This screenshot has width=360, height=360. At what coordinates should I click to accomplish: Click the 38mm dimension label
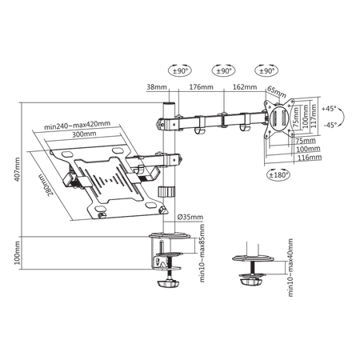pyautogui.click(x=157, y=87)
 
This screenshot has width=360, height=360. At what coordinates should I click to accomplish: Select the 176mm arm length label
pyautogui.click(x=201, y=87)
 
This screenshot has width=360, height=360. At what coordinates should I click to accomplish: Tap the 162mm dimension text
pyautogui.click(x=245, y=87)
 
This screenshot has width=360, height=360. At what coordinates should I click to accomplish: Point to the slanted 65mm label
pyautogui.click(x=277, y=92)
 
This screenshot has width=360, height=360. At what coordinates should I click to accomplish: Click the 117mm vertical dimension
pyautogui.click(x=314, y=116)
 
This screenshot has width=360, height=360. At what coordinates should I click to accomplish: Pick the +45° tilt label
pyautogui.click(x=329, y=109)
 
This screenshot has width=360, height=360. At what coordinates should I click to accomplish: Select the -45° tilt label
pyautogui.click(x=330, y=125)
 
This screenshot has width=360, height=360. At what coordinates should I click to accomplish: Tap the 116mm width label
pyautogui.click(x=310, y=158)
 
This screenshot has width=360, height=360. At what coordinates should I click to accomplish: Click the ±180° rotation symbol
pyautogui.click(x=278, y=175)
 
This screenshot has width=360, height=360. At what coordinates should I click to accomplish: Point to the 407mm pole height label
pyautogui.click(x=17, y=170)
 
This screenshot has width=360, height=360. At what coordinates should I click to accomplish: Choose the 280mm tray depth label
pyautogui.click(x=46, y=185)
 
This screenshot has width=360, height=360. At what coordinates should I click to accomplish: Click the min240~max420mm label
pyautogui.click(x=77, y=125)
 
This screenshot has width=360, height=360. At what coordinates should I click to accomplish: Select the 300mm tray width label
pyautogui.click(x=84, y=134)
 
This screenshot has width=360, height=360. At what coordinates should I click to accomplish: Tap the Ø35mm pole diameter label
pyautogui.click(x=190, y=217)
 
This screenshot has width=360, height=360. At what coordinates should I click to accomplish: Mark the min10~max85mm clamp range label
pyautogui.click(x=202, y=253)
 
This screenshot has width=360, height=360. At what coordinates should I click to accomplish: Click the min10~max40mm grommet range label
pyautogui.click(x=290, y=268)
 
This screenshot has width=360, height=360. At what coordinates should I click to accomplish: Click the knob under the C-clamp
pyautogui.click(x=168, y=283)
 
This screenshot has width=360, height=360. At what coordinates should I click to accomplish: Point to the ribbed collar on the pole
pyautogui.click(x=166, y=192)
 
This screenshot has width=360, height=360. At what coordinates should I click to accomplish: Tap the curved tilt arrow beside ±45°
pyautogui.click(x=342, y=117)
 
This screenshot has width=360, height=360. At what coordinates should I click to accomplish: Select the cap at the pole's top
pyautogui.click(x=169, y=103)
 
